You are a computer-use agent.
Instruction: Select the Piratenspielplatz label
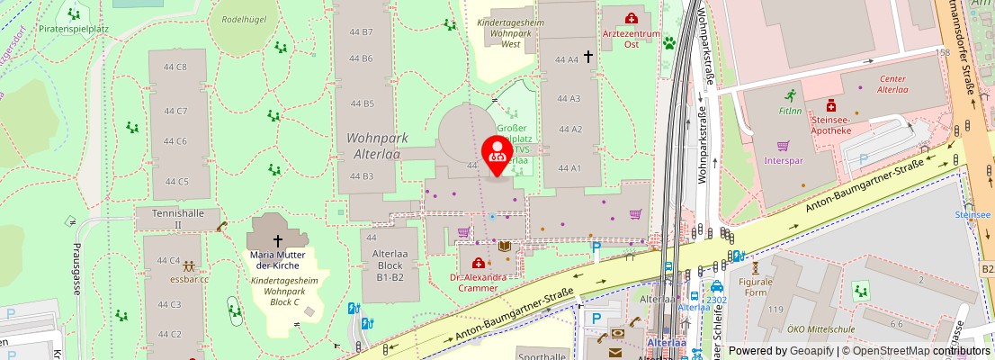tap(73, 29)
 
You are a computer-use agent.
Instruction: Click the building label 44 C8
tap(175, 67)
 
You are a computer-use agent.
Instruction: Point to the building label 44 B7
tap(361, 32)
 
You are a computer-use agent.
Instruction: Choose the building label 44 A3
tap(569, 98)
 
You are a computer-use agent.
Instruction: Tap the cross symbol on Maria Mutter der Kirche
tap(277, 240)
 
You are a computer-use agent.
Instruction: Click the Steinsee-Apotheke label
tap(830, 124)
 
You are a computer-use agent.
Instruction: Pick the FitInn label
tap(790, 111)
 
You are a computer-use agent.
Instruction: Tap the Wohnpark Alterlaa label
tap(378, 147)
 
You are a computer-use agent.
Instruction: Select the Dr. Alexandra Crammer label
tap(477, 283)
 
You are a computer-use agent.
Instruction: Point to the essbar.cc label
tap(189, 279)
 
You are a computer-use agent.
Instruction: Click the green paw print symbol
tap(669, 41)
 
